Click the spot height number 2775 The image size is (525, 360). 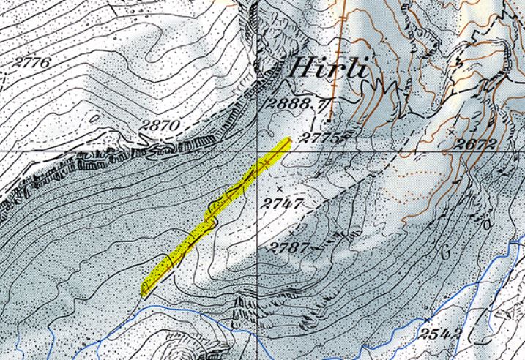(x=322, y=138)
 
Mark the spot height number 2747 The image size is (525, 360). (x=283, y=201)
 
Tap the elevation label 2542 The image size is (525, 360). (x=441, y=334)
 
